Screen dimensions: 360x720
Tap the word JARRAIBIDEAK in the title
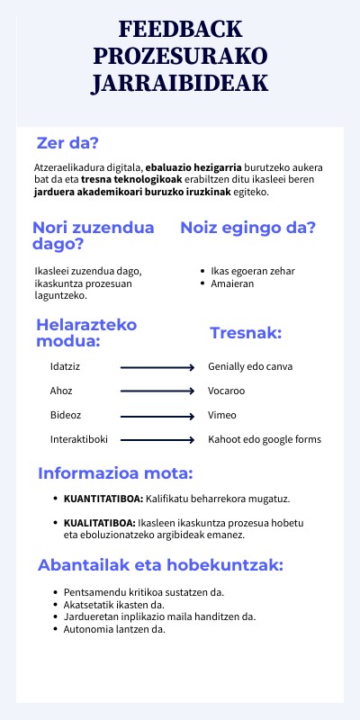coord(179,84)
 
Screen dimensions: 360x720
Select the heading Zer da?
coord(67,142)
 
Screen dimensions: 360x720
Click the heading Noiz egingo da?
coord(247,228)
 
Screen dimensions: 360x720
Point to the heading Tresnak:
coord(246,333)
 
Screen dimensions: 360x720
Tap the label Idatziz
coord(65,366)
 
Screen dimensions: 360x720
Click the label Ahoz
coord(61,391)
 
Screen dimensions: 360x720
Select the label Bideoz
coord(65,415)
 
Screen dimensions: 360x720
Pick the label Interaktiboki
coord(79,439)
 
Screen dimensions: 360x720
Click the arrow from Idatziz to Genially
coord(157,367)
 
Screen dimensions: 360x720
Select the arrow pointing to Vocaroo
coord(157,391)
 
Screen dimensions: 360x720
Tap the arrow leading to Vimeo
coord(157,416)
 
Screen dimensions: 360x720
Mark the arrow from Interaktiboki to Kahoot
coord(157,440)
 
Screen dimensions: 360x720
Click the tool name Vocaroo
coord(226,391)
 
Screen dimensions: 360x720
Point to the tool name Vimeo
coord(222,415)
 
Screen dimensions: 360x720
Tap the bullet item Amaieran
coord(232,283)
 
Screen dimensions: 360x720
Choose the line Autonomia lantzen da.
coord(114,629)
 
